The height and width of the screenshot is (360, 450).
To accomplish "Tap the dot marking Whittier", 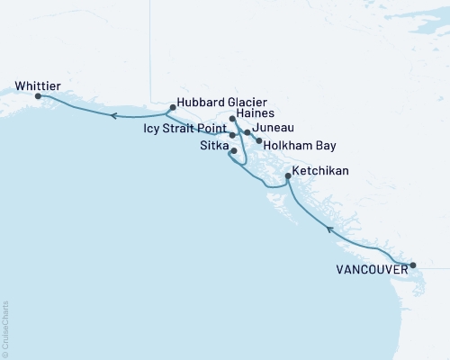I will [x=38, y=95].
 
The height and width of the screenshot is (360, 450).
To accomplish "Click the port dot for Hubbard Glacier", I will [x=171, y=107].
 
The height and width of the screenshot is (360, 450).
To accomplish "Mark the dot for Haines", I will [x=232, y=119].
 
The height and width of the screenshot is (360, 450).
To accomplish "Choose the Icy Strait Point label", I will [x=185, y=129].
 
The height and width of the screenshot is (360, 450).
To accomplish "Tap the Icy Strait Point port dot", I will [x=232, y=135].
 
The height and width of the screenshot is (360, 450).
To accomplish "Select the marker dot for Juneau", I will [x=247, y=131].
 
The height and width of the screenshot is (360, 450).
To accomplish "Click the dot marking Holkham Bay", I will [x=259, y=140].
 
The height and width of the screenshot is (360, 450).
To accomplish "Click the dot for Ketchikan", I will [x=287, y=176].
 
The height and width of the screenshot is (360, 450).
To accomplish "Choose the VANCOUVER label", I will [x=369, y=268].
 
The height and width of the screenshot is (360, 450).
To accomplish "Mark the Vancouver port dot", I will [x=413, y=265].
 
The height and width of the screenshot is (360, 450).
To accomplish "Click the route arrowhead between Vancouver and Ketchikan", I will [x=329, y=230].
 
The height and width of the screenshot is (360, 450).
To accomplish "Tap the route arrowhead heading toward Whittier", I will [x=112, y=115].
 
